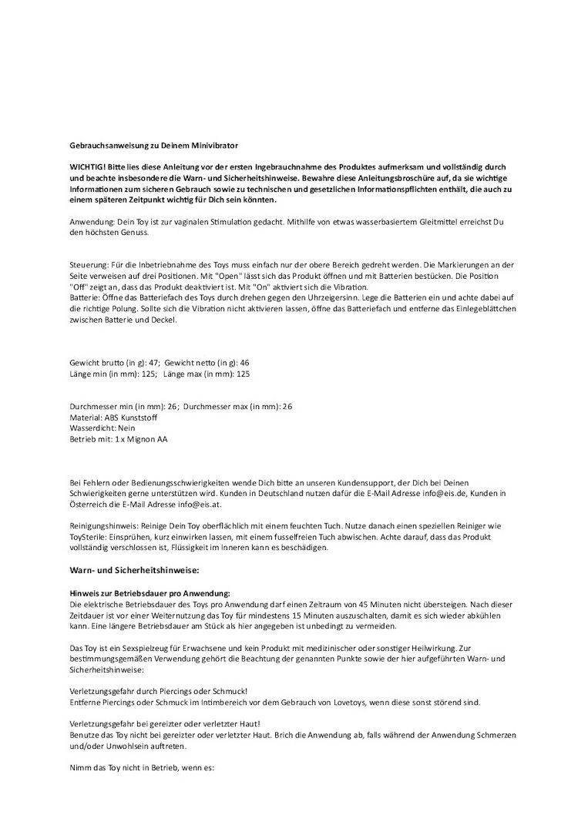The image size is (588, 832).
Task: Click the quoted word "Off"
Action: (80, 287)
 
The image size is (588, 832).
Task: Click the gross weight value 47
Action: (154, 363)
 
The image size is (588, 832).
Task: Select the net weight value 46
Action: (245, 363)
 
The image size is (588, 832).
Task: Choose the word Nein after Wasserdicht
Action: (126, 428)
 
